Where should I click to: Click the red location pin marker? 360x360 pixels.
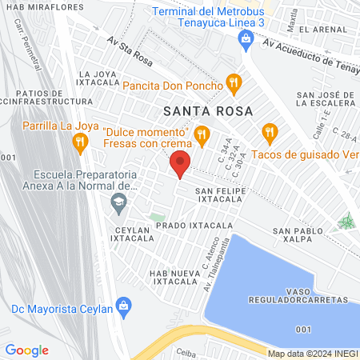[x=181, y=164]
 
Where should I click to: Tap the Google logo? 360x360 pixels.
[x=26, y=350]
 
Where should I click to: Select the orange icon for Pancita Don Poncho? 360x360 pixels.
[x=234, y=81]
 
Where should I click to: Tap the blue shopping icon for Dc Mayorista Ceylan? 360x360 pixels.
[x=123, y=305]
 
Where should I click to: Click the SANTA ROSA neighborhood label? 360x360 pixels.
[x=208, y=110]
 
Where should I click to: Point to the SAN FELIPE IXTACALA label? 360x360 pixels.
[x=225, y=196]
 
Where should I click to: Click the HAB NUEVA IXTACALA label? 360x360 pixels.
[x=168, y=277]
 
